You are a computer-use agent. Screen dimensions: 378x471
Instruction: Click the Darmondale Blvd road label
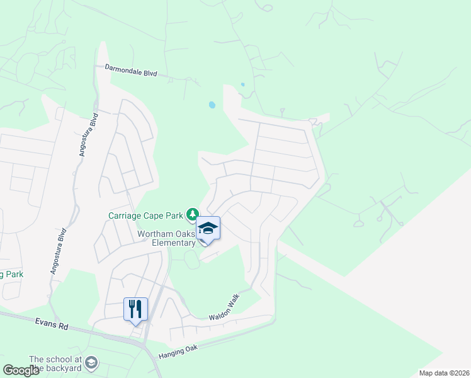click(131, 71)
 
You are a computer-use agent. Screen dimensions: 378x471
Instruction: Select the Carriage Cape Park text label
click(145, 215)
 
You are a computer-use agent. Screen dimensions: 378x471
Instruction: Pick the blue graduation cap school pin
click(208, 229)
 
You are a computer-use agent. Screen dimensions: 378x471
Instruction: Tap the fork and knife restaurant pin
click(135, 309)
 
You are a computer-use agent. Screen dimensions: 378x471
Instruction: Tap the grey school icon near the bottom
click(92, 362)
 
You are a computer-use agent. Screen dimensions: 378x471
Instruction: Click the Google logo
click(21, 370)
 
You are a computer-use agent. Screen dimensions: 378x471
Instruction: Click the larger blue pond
click(212, 105)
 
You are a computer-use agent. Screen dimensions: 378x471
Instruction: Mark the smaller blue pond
click(242, 84)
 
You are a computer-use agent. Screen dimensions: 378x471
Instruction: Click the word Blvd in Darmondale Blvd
click(149, 72)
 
